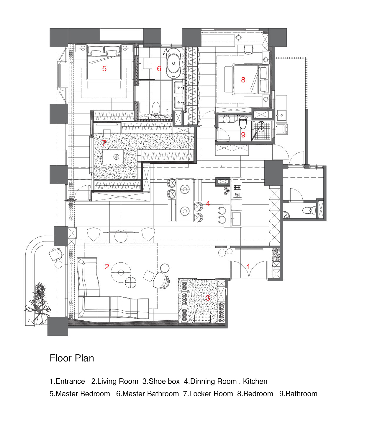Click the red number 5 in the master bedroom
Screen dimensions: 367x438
104,69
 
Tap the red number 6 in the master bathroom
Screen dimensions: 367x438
159,69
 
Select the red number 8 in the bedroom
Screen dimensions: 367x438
243,80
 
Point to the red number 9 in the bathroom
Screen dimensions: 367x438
243,135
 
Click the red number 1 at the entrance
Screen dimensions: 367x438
248,267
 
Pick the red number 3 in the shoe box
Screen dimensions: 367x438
208,298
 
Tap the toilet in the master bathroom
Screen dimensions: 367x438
155,107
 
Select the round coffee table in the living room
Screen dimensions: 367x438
121,272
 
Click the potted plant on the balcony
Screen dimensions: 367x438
38,304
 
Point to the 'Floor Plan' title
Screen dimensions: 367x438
72,358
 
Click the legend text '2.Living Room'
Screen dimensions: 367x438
115,381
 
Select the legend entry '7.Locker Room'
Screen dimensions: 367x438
208,394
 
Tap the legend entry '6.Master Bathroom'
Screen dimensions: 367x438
148,394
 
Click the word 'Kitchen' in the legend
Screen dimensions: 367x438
255,381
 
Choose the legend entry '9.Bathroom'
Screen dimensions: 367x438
298,394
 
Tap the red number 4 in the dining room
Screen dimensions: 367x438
208,203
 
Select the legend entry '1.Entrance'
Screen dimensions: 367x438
67,381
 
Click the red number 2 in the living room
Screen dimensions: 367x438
107,267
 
